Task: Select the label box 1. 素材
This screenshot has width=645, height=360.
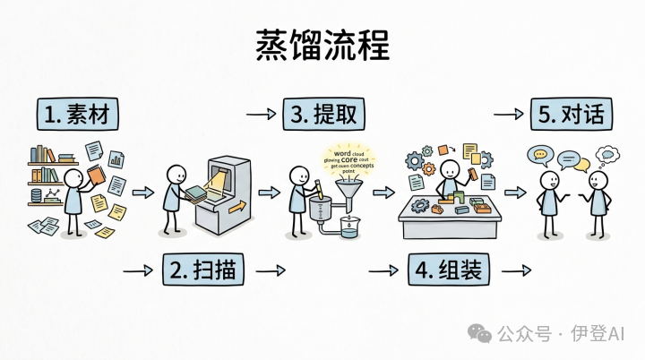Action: coord(78,116)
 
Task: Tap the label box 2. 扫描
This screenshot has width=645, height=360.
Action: coord(202,269)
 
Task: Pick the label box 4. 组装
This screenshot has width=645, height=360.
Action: coord(450,269)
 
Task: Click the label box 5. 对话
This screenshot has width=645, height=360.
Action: coord(574,116)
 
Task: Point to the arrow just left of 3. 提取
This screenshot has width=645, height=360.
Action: coord(261,115)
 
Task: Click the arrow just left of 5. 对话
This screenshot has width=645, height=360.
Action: coord(508,115)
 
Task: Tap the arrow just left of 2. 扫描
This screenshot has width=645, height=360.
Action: coord(135,269)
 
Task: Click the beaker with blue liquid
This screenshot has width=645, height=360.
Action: coord(350,229)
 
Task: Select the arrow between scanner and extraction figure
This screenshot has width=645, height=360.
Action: coord(268,192)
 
